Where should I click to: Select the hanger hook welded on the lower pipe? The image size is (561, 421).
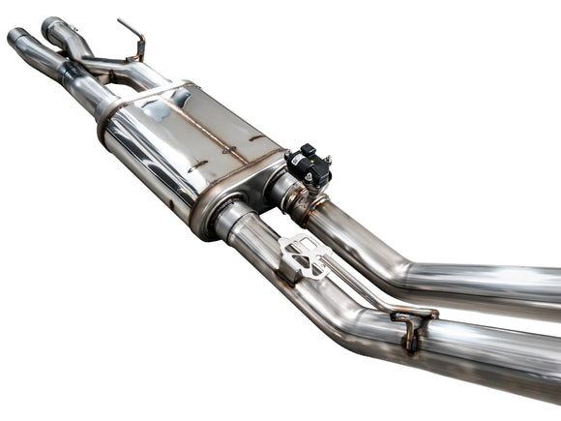411,325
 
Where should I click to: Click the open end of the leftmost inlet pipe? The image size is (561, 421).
18,39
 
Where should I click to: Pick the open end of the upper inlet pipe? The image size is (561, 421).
51,23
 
